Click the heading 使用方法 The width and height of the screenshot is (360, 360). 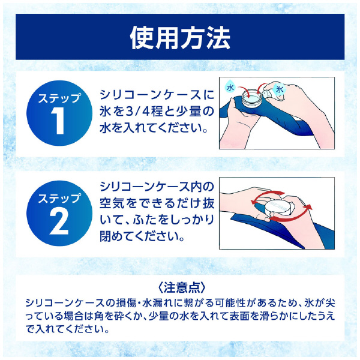(180, 38)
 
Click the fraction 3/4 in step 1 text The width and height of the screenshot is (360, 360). (143, 112)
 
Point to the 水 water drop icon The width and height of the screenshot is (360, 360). (229, 88)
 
